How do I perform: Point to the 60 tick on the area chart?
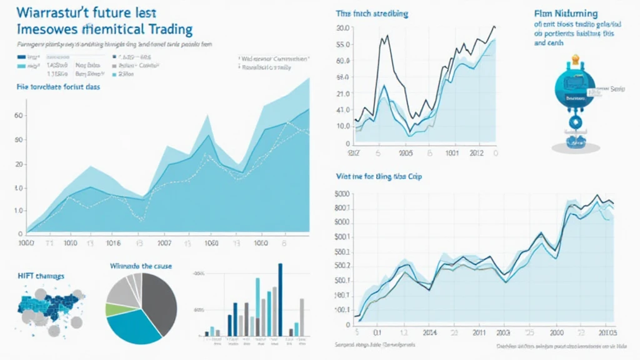coord(18,116)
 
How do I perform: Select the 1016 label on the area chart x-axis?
coord(113,243)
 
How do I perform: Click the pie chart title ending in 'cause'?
coord(141,266)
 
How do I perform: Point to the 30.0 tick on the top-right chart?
coord(342,28)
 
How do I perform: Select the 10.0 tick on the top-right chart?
coord(342,126)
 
